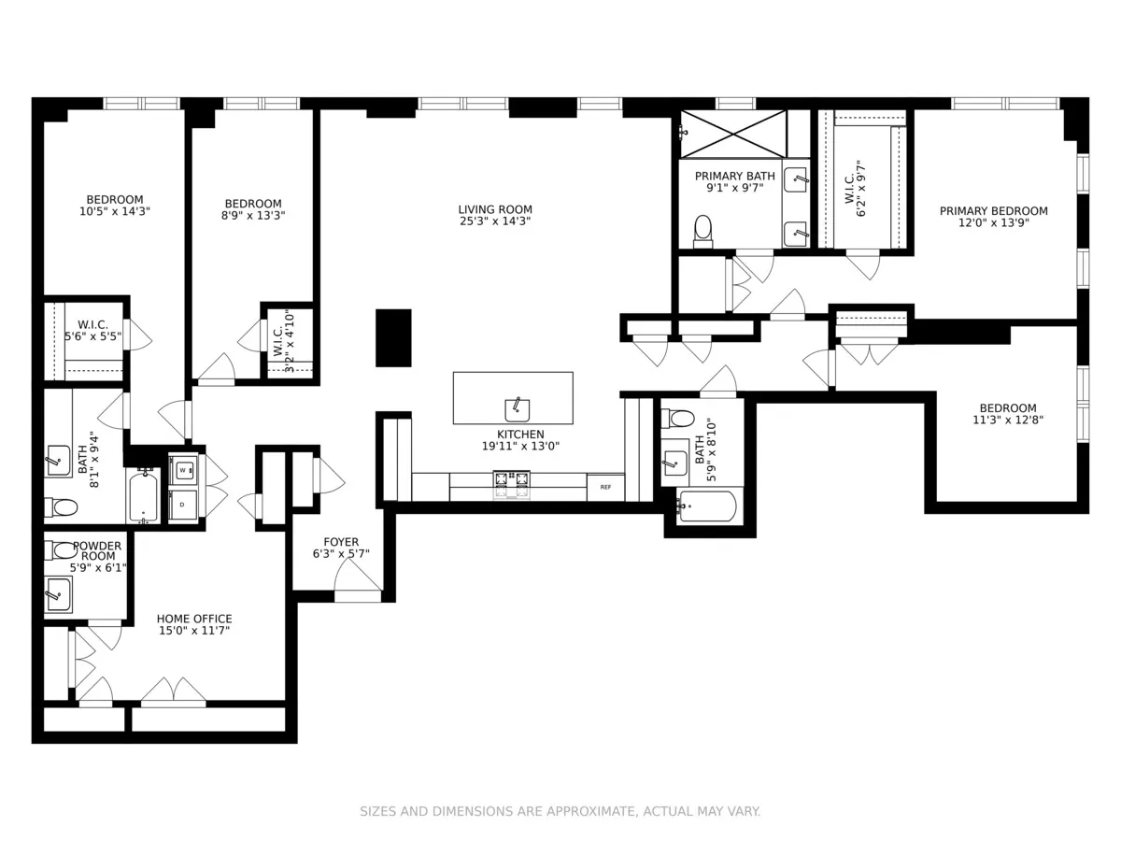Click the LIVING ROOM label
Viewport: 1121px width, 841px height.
[x=495, y=209]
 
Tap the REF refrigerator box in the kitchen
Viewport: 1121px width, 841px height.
[x=605, y=487]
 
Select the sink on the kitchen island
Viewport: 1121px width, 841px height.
[x=518, y=409]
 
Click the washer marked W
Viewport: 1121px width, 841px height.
[x=183, y=470]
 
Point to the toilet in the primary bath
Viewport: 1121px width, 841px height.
[x=702, y=230]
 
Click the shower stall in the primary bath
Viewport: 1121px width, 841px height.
[x=733, y=134]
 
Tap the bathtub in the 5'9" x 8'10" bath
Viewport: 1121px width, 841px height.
[x=707, y=506]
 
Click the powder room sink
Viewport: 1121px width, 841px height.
[x=59, y=593]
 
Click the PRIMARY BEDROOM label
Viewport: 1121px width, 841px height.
[x=993, y=211]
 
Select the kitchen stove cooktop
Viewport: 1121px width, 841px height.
[x=510, y=480]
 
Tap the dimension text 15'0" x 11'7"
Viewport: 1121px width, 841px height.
[x=194, y=631]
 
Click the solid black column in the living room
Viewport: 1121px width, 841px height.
[x=393, y=337]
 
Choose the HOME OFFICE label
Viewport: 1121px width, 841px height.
[x=194, y=619]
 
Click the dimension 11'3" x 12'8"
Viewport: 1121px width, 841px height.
[x=1008, y=420]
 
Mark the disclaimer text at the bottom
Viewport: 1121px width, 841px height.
[x=560, y=811]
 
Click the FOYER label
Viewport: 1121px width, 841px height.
[x=341, y=542]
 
